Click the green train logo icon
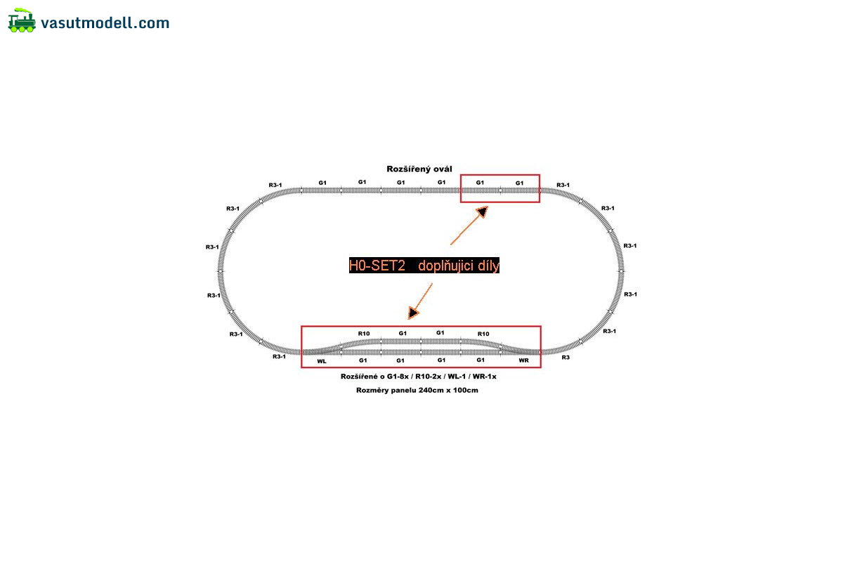(x=22, y=20)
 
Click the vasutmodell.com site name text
(x=105, y=23)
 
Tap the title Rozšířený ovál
(x=419, y=169)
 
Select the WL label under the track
(x=322, y=361)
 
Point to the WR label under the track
(x=523, y=360)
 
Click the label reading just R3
(x=566, y=358)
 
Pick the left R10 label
(x=364, y=334)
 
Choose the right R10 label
(x=483, y=334)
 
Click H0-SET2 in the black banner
(x=377, y=266)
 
